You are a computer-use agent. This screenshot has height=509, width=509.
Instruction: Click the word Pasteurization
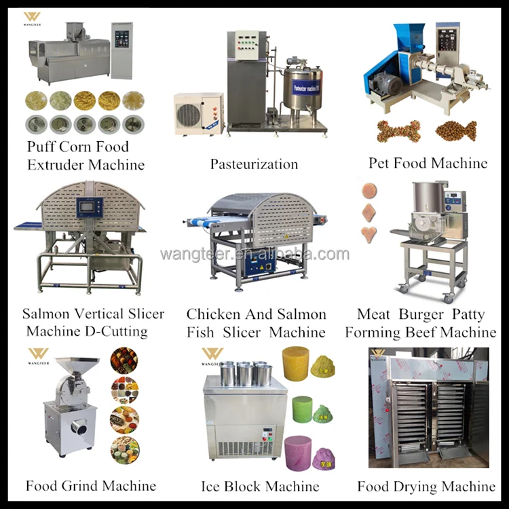(x=254, y=164)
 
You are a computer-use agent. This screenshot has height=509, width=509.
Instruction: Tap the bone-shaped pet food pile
(x=398, y=130)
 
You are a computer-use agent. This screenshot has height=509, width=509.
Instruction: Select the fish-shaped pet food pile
(x=455, y=130)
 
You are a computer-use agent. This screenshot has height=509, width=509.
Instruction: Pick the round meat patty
(x=370, y=189)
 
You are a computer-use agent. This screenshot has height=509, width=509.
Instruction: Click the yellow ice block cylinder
(x=297, y=363)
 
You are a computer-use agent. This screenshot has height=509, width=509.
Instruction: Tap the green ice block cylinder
(x=302, y=409)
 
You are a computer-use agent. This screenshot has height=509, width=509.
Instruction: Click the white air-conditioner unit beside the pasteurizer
(x=198, y=113)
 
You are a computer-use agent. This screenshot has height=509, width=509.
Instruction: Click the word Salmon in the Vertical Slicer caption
(x=45, y=314)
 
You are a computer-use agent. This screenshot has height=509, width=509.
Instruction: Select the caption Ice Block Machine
(x=260, y=487)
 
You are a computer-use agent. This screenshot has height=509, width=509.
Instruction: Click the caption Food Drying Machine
(x=426, y=487)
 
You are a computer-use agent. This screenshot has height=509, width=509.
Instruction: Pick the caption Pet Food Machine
(x=428, y=164)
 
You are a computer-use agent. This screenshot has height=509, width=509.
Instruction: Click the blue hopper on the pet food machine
(x=409, y=41)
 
